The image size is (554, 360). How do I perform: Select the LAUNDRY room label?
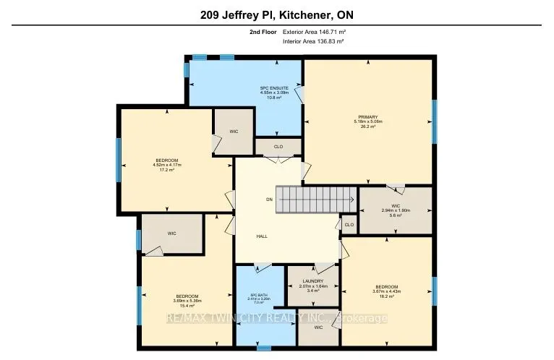pyautogui.click(x=313, y=280)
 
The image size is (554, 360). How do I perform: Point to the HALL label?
pyautogui.click(x=263, y=236)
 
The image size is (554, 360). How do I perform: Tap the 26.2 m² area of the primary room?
pyautogui.click(x=367, y=127)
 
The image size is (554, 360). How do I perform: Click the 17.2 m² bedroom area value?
pyautogui.click(x=166, y=170)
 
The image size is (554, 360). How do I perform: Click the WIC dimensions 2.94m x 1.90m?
pyautogui.click(x=396, y=211)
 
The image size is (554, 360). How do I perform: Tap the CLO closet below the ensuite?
pyautogui.click(x=278, y=146)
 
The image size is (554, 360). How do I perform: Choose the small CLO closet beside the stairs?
pyautogui.click(x=349, y=225)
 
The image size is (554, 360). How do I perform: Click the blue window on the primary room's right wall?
pyautogui.click(x=435, y=121)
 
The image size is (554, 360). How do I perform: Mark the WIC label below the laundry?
pyautogui.click(x=319, y=327)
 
